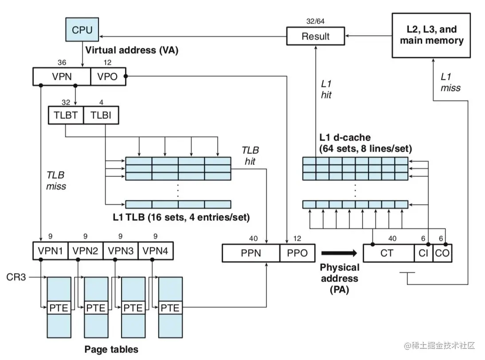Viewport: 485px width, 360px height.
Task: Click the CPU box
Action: (82, 30)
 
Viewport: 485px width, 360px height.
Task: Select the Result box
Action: (315, 36)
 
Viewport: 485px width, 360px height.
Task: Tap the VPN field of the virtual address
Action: (62, 76)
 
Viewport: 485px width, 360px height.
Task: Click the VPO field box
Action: (108, 76)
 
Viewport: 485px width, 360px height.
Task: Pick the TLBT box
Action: (66, 116)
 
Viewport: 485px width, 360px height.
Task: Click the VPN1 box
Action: (50, 251)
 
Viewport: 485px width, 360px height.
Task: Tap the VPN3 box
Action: (121, 251)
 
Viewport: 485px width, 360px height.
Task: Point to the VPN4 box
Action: (156, 251)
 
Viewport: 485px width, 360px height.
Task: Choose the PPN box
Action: (251, 254)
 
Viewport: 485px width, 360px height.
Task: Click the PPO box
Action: (297, 254)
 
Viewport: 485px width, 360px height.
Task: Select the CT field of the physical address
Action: (388, 254)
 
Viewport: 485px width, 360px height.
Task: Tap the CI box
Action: (422, 254)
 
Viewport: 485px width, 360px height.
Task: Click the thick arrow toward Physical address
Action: (339, 253)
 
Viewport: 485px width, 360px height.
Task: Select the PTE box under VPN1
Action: (59, 308)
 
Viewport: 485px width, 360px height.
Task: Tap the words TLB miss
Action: (56, 180)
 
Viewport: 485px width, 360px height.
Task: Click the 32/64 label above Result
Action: (315, 21)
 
